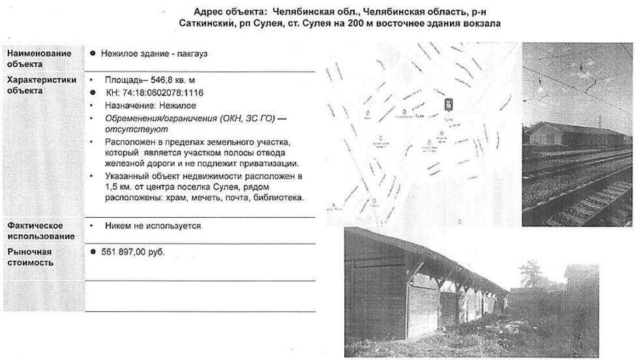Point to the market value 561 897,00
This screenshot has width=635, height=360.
tap(128, 252)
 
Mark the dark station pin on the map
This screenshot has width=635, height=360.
tap(448, 104)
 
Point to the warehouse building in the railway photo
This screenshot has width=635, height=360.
tap(574, 136)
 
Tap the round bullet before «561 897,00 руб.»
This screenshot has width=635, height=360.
tap(95, 252)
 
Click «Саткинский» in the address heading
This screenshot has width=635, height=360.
tap(212, 23)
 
